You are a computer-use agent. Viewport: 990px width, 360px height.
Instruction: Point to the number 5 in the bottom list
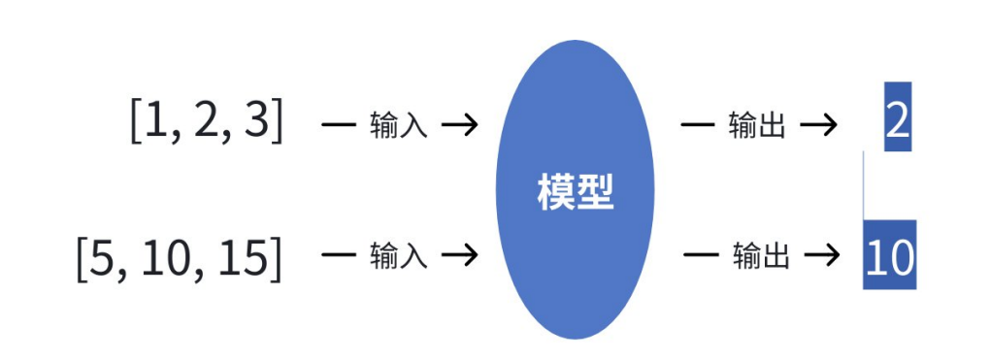pos(101,257)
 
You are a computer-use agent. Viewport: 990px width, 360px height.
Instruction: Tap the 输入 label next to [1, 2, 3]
pos(398,125)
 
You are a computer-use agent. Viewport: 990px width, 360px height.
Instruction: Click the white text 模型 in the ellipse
pos(576,191)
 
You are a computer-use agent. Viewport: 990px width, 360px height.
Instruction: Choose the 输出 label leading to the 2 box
pos(756,125)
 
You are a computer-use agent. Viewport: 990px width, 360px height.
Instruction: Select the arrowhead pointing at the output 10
pos(827,255)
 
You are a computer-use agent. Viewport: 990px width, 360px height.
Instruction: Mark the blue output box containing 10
pos(889,256)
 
